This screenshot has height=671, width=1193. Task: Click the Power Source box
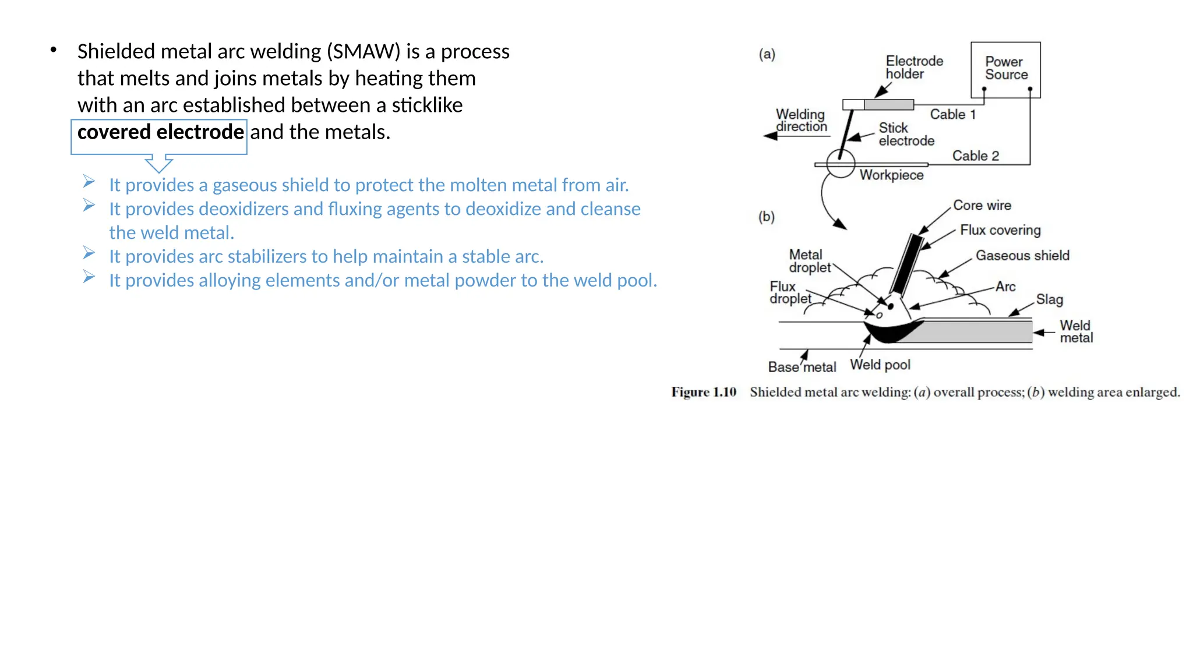(1005, 69)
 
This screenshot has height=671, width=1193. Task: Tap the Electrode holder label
(913, 67)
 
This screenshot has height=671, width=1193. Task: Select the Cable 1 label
(952, 114)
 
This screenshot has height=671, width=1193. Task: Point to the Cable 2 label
(975, 156)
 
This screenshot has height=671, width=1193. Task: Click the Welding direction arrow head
(771, 136)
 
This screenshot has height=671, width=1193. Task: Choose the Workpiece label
(891, 175)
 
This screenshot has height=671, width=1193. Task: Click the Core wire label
(982, 205)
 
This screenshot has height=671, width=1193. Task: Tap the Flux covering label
(1000, 230)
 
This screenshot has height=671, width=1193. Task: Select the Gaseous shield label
(1022, 255)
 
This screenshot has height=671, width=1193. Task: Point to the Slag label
(1049, 299)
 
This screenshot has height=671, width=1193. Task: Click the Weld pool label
(880, 365)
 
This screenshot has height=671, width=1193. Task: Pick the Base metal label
(802, 367)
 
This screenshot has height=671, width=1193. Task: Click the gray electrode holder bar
(888, 105)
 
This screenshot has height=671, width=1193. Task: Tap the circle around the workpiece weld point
(841, 163)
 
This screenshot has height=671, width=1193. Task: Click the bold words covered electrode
(160, 132)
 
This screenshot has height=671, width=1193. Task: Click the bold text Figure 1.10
(704, 392)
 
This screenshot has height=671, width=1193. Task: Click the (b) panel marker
(766, 217)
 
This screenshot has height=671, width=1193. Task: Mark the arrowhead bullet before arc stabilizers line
(89, 253)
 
